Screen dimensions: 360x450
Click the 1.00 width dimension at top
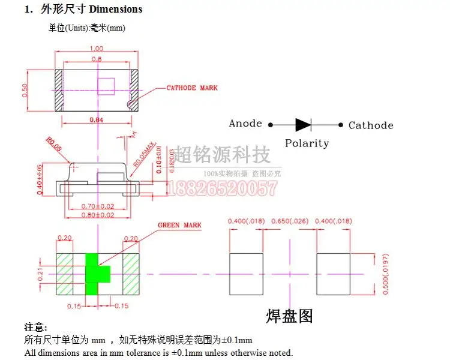point(97,49)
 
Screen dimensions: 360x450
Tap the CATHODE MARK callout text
point(192,88)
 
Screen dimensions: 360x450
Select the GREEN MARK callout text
point(179,226)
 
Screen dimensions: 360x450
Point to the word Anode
point(245,124)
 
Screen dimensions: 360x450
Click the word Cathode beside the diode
point(371,125)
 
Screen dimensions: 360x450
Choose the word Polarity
point(307,143)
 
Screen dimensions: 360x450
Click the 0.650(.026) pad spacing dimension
point(290,221)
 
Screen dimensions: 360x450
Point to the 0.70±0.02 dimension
point(97,206)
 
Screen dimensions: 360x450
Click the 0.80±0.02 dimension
point(97,214)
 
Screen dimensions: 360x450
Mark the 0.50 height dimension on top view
point(25,90)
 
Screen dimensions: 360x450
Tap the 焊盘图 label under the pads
point(290,316)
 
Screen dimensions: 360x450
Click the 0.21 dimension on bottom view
point(40,274)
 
